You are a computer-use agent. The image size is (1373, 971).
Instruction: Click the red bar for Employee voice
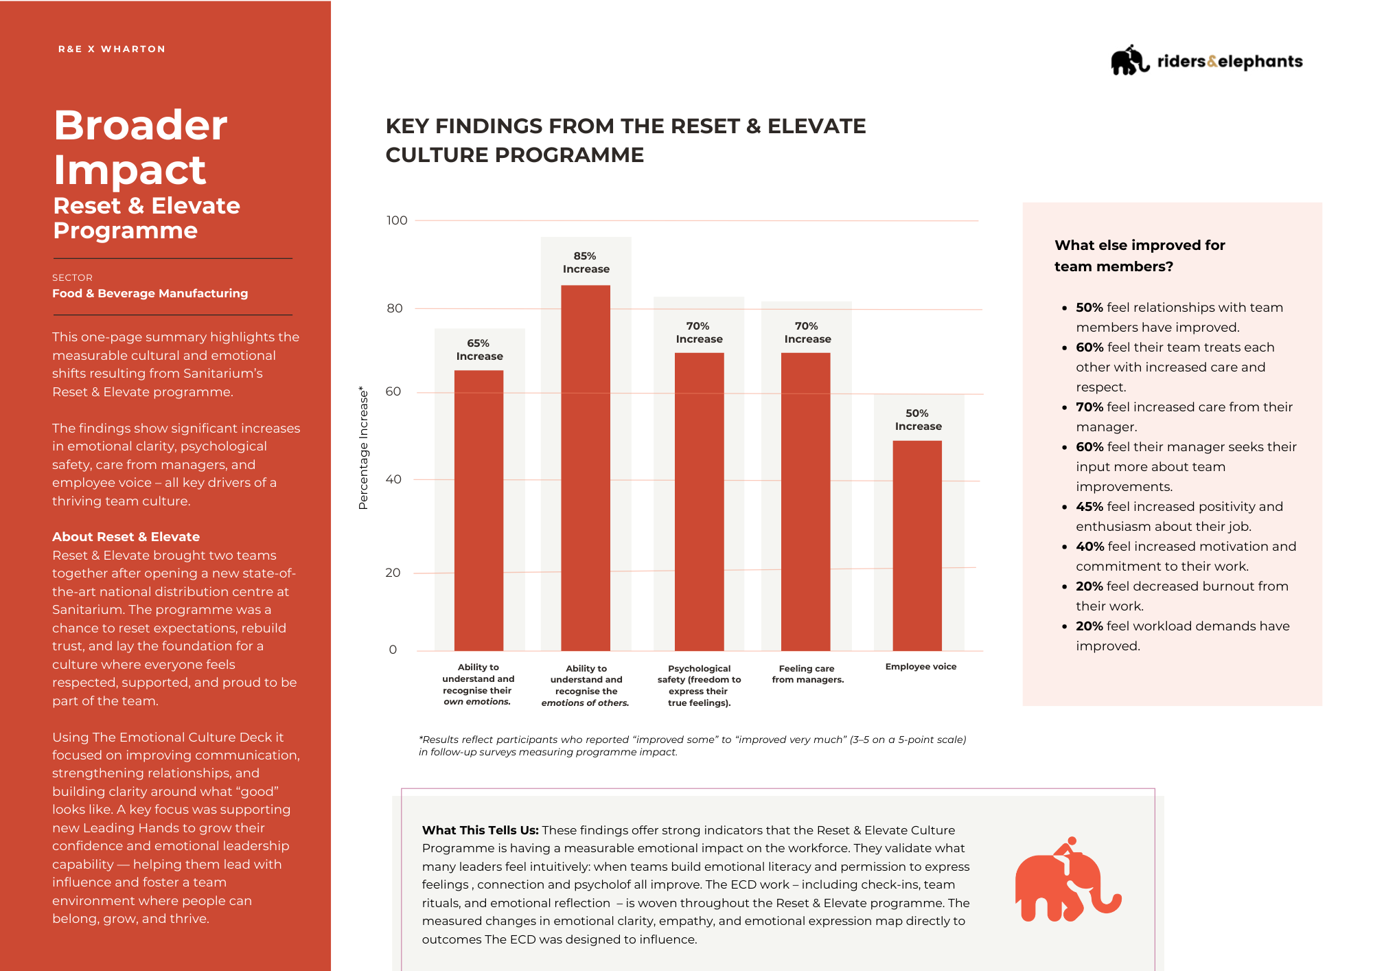coord(917,545)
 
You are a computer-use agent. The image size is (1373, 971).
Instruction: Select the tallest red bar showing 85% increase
coord(586,468)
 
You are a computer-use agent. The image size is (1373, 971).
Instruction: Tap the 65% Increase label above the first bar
coord(479,350)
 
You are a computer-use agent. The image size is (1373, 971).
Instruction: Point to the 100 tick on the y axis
coord(397,220)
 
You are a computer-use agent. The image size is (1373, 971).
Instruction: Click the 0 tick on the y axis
coord(393,650)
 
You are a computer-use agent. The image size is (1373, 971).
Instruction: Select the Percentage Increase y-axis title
coord(363,448)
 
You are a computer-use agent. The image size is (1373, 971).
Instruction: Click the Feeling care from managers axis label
coord(807,674)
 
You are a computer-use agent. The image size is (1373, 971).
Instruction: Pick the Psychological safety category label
coord(699,685)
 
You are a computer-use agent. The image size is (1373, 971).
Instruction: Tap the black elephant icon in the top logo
coord(1129,60)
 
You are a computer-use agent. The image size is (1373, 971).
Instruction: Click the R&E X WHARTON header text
coord(112,49)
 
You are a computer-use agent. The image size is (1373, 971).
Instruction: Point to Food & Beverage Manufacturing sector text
coord(150,293)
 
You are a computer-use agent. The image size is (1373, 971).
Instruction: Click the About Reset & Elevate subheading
coord(126,536)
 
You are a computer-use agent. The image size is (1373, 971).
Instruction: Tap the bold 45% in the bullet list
coord(1089,507)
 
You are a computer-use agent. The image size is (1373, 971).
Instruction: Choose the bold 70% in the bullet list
coord(1089,407)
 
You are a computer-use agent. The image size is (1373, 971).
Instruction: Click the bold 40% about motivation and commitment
coord(1089,547)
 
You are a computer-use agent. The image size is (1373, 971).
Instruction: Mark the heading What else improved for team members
coord(1140,255)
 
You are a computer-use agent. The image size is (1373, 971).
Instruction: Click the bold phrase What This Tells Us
coord(480,830)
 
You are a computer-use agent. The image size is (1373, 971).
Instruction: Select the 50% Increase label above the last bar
coord(918,420)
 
